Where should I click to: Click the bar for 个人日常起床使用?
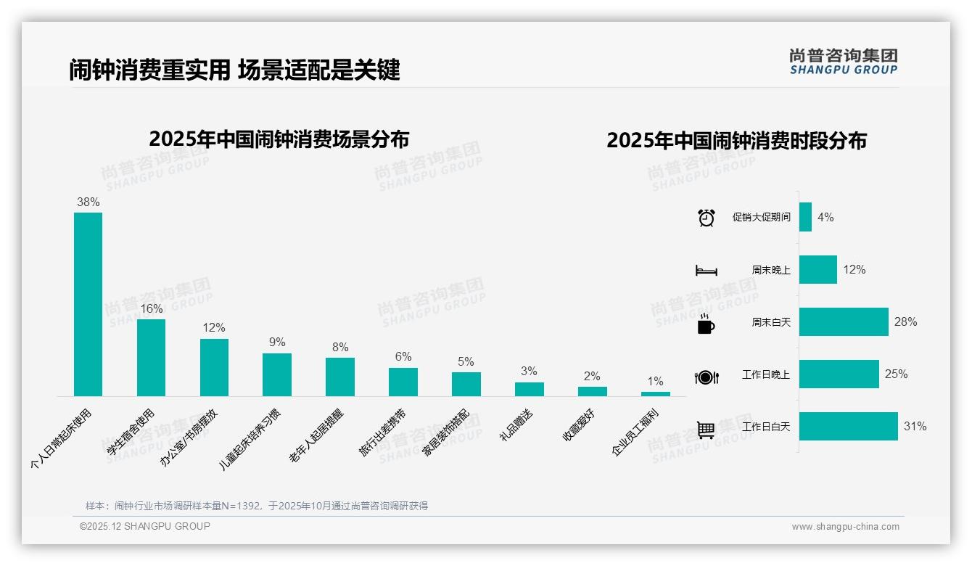[x=88, y=304]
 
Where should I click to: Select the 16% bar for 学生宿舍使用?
[x=151, y=358]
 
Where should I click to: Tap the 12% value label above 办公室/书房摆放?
[x=214, y=328]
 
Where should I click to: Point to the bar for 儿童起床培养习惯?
[x=277, y=374]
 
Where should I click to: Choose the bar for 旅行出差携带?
[x=403, y=382]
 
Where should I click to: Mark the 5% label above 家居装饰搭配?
[x=466, y=361]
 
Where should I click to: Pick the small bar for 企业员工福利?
[x=655, y=394]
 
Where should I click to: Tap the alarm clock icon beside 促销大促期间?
[x=706, y=218]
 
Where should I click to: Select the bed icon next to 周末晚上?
[x=706, y=270]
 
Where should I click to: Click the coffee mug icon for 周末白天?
[x=706, y=323]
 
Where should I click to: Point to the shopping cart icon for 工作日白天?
[x=706, y=429]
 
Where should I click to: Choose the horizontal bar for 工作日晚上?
[x=839, y=374]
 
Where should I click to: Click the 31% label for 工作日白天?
[x=915, y=427]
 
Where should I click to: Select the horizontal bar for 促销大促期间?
[x=805, y=217]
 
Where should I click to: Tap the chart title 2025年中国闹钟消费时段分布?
[x=736, y=141]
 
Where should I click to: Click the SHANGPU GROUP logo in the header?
[x=844, y=61]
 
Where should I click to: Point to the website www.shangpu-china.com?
[x=845, y=527]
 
